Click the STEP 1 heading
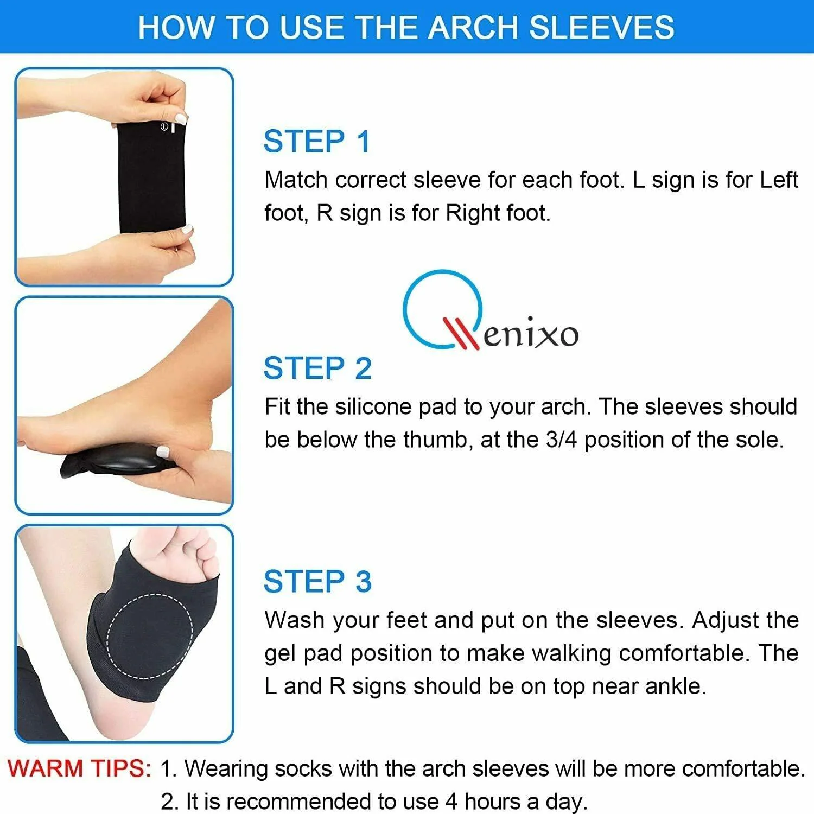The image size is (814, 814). [317, 142]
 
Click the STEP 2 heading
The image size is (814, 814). [317, 368]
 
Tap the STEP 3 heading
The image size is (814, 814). [317, 582]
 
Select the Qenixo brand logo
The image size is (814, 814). [490, 311]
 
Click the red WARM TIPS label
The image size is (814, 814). [80, 768]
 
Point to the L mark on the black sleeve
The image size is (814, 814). [163, 126]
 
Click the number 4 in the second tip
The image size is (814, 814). [451, 802]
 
